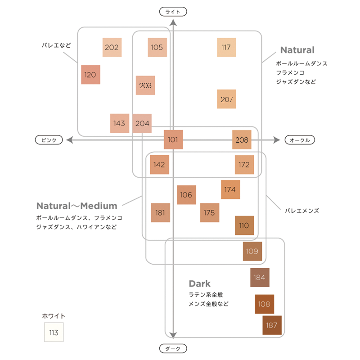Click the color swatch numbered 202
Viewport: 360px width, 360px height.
coord(112,47)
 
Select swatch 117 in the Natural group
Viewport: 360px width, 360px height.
coord(227,47)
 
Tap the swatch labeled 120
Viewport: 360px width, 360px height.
coord(90,75)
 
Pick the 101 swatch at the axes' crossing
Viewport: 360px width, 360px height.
coord(173,140)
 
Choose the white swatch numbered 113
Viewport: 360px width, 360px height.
coord(54,333)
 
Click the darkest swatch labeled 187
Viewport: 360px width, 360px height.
coord(272,325)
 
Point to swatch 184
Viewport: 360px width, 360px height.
coord(260,277)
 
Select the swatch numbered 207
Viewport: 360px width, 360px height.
coord(227,99)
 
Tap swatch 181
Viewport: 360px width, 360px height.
coord(160,212)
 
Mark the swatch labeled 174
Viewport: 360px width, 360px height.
coord(230,189)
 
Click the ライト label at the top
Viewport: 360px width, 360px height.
coord(173,12)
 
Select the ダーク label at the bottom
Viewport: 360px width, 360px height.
coord(173,349)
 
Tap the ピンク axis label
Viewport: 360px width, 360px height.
coord(49,140)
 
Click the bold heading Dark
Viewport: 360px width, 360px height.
coord(199,284)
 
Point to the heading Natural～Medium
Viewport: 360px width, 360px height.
coord(76,206)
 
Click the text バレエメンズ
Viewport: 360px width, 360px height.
coord(302,210)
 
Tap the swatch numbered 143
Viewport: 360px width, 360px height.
coord(120,123)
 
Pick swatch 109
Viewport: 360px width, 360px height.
coord(252,251)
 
